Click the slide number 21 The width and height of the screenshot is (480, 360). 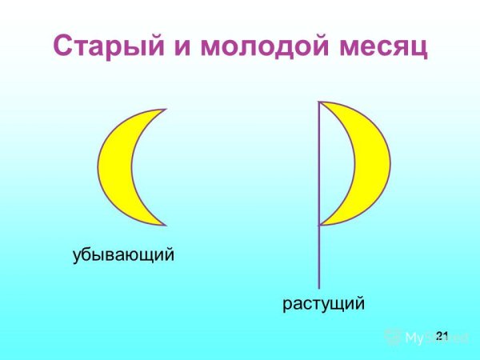pos(442,333)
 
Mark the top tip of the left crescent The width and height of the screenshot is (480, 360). pos(165,109)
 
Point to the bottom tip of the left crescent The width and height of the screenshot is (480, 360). pos(165,225)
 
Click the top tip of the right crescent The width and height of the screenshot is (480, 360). pos(320,102)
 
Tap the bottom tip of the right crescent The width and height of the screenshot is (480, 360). pos(320,225)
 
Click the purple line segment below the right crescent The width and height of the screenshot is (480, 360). pos(319,256)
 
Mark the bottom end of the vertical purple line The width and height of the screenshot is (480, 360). pos(319,287)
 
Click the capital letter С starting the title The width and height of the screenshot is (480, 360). pos(66,46)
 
